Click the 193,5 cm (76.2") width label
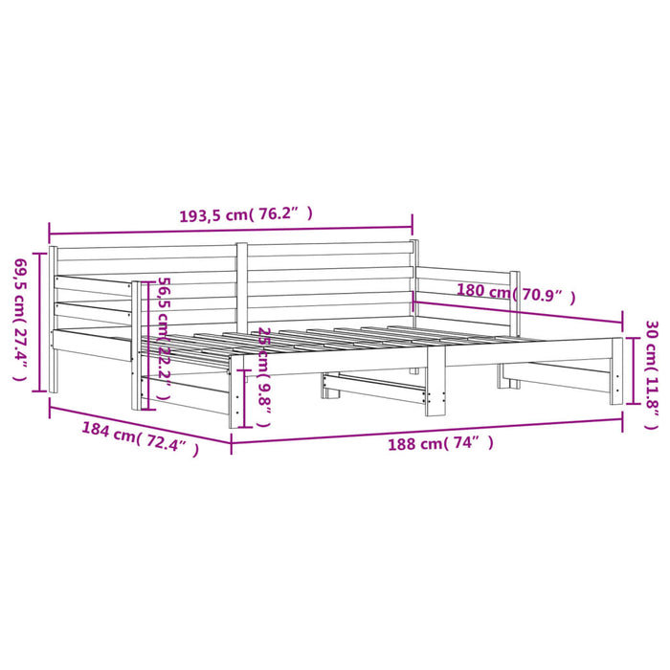click(246, 214)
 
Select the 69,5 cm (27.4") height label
click(20, 319)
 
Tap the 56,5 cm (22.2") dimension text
click(165, 338)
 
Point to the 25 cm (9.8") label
click(265, 377)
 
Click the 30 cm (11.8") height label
click(652, 375)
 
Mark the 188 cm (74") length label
click(440, 443)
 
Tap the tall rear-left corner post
click(53, 319)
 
